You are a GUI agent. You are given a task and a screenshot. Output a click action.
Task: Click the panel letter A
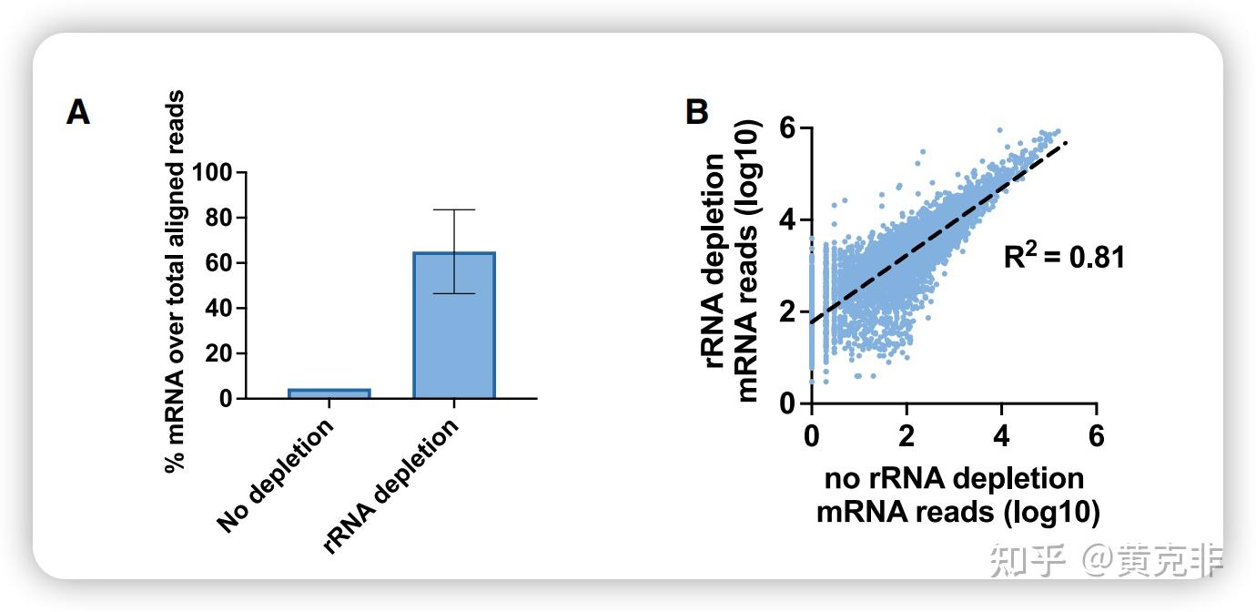coord(78,114)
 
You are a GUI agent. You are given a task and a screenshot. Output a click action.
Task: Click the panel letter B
coord(696,112)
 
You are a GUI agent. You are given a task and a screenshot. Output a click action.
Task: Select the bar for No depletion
coord(329,393)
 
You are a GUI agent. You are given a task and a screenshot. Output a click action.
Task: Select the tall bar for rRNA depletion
coord(454,325)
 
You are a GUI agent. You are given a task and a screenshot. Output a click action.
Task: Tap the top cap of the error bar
coord(454,210)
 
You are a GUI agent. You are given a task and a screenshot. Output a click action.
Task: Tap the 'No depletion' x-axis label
coord(276,475)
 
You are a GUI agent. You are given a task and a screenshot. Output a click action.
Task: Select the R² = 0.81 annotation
coord(1064,257)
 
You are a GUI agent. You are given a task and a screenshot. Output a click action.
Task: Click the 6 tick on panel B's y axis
coord(788,128)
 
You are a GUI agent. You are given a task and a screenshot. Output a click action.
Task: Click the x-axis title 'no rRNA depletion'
coord(954,479)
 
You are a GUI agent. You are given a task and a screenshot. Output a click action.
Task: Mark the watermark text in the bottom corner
coord(1105,559)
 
